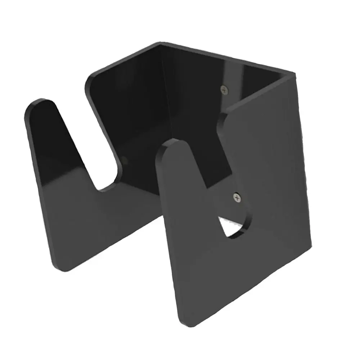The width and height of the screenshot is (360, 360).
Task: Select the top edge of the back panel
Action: click(x=227, y=58)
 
